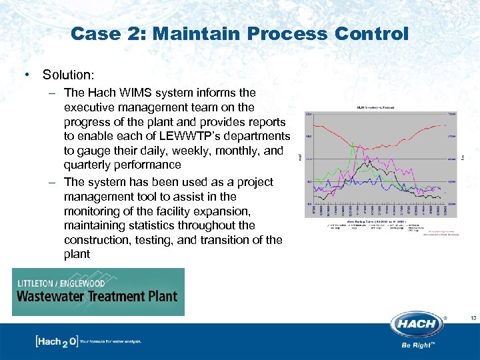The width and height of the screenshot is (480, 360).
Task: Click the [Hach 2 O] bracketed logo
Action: point(56,342)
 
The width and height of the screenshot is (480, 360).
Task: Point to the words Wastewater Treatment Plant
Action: point(97,296)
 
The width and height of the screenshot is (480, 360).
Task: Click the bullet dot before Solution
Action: point(25,75)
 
